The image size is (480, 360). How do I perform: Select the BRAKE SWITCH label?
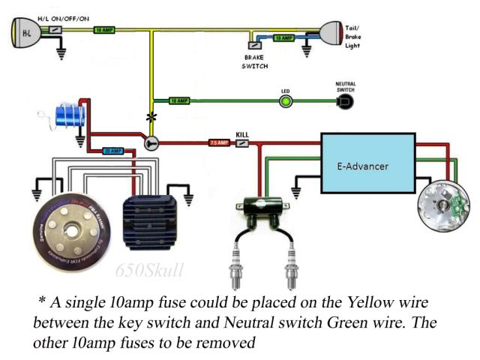point(253,61)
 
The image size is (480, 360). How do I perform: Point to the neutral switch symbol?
point(346,101)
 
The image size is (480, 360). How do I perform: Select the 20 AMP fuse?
point(112,151)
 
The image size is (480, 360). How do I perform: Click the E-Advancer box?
point(368,166)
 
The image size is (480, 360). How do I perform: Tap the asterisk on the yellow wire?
point(151,118)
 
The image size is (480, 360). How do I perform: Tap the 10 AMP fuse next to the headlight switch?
point(103,31)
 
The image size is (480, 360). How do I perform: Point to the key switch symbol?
point(151,142)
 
